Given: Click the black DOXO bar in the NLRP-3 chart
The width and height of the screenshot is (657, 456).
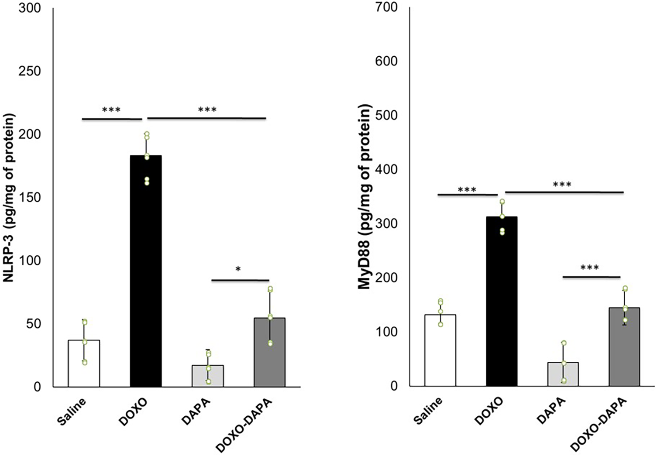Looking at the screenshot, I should coord(146,271).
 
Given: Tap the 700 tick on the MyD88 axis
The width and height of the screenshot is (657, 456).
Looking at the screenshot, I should coord(386,7).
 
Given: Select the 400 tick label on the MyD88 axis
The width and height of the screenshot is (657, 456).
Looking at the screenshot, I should coord(386,169).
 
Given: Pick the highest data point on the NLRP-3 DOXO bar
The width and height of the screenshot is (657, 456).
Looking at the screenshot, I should coord(147,134).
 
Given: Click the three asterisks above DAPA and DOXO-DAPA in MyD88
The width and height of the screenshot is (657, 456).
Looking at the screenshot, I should coord(589,267).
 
